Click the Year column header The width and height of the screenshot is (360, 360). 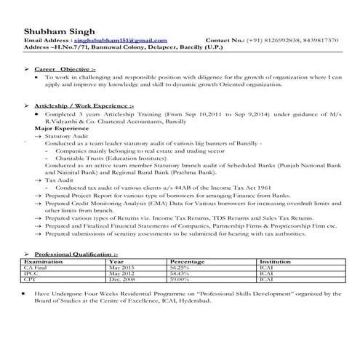coord(116,260)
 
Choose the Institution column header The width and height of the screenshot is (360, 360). coord(276,260)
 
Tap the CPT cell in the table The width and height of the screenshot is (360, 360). coord(31,279)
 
